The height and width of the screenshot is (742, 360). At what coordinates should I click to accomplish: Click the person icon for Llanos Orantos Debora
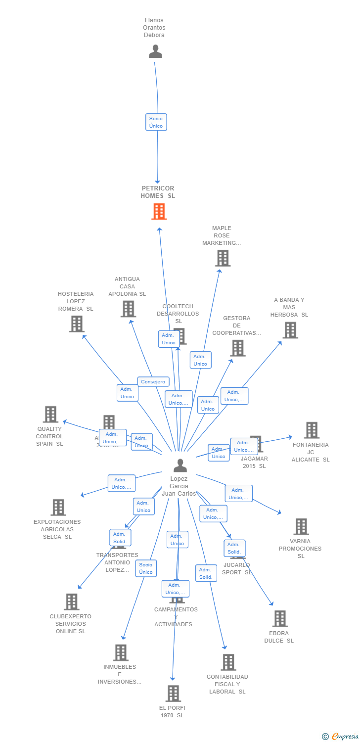tap(155, 51)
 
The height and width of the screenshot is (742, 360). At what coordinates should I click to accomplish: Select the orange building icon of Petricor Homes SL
tap(159, 212)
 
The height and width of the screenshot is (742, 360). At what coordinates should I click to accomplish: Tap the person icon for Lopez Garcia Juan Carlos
tap(180, 465)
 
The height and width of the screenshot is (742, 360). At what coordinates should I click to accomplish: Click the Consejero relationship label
tap(153, 382)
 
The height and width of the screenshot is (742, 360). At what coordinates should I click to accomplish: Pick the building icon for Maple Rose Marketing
tap(223, 258)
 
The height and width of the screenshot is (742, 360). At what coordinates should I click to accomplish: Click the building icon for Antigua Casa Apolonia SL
tap(128, 309)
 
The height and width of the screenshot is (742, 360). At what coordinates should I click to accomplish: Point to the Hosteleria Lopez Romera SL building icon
tap(77, 324)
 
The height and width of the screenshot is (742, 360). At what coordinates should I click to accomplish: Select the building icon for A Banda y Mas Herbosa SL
tap(290, 330)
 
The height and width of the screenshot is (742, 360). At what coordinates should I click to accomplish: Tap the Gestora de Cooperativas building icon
tap(238, 348)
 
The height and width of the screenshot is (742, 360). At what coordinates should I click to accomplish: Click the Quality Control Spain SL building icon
tap(50, 415)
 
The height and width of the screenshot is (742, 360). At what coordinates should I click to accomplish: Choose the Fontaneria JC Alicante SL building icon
tap(311, 430)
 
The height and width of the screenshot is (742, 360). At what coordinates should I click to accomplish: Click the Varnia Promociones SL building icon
tap(301, 527)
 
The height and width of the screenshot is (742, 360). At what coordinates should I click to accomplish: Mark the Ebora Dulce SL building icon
tap(280, 619)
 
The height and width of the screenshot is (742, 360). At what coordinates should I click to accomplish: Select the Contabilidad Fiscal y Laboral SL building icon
tap(228, 662)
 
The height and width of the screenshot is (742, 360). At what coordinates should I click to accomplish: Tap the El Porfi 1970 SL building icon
tap(173, 694)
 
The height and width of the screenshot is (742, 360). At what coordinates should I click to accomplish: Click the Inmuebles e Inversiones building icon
tap(121, 652)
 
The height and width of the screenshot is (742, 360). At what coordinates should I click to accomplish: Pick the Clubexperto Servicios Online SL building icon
tap(72, 602)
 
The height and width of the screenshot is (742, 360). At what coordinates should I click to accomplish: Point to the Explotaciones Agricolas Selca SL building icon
tap(58, 508)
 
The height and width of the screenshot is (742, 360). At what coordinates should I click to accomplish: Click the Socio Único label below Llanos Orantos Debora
tap(156, 122)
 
